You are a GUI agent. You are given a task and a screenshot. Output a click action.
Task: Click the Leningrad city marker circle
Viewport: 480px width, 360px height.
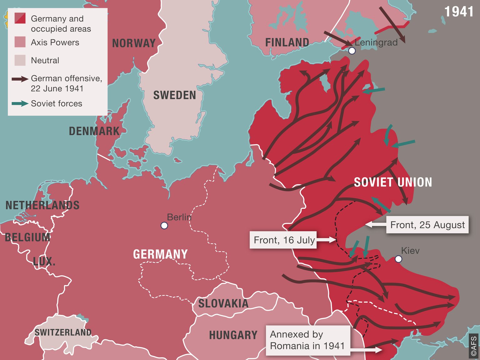coord(352,51)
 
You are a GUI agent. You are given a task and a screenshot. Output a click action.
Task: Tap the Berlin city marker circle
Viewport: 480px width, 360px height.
coord(164,225)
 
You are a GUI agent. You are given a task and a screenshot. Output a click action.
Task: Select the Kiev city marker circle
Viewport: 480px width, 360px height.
coord(398,259)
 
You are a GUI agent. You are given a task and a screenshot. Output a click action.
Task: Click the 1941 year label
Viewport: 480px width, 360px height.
coord(459,12)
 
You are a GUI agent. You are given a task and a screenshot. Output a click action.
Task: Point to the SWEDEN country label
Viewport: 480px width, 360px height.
coord(174,95)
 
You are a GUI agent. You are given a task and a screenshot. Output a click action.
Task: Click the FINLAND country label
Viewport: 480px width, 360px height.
coord(287,42)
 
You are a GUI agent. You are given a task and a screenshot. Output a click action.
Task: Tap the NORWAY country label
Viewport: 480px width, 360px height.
coord(134,43)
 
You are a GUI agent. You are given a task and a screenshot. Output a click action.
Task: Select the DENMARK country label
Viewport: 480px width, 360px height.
coord(94,131)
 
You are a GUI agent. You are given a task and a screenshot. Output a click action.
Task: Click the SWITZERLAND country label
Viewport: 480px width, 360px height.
coord(63,332)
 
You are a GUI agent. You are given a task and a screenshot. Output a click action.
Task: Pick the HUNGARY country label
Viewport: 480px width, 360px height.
coord(233,335)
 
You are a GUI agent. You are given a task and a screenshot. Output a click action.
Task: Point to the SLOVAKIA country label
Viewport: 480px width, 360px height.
coord(223,303)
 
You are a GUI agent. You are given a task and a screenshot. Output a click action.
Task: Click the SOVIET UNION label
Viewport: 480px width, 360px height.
coord(393,182)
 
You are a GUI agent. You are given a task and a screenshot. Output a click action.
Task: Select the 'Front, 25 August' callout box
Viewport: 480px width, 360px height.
coord(427,225)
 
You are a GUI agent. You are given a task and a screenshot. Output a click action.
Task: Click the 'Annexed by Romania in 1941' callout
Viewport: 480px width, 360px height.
coord(307,340)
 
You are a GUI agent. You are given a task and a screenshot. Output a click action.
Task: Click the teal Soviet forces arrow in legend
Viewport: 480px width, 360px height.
coord(20,103)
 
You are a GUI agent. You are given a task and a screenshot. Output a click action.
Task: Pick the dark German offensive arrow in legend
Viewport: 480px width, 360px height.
coord(20,79)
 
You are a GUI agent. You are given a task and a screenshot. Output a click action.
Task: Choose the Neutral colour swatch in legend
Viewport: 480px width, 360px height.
coord(20,60)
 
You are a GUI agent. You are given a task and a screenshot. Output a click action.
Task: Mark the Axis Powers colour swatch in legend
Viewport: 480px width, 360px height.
coord(20,42)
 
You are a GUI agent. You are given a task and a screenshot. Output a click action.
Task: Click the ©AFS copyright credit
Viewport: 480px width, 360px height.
coord(474,346)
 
